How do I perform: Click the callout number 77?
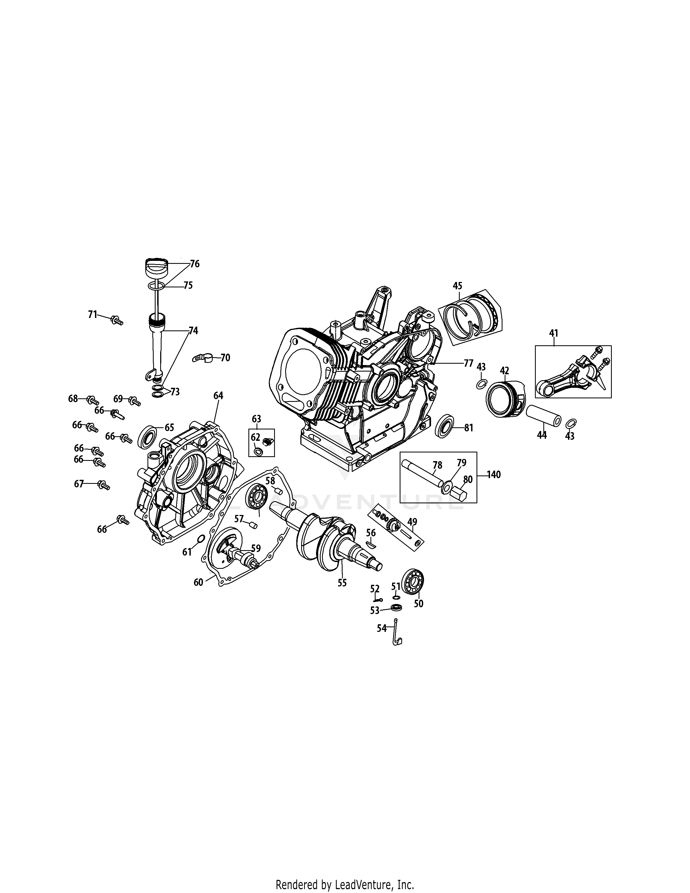(468, 363)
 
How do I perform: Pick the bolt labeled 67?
(103, 485)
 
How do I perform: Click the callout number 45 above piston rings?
(457, 285)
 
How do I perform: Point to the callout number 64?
(218, 395)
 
